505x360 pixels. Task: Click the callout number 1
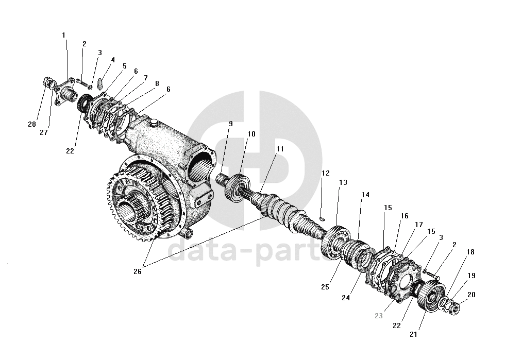pyautogui.click(x=64, y=35)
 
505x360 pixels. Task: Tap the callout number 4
pyautogui.click(x=112, y=60)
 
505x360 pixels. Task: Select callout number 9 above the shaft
pyautogui.click(x=230, y=124)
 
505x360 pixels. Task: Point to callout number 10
pyautogui.click(x=251, y=134)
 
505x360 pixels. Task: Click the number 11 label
pyautogui.click(x=280, y=149)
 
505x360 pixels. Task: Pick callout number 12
pyautogui.click(x=325, y=173)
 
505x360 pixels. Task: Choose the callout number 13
pyautogui.click(x=343, y=183)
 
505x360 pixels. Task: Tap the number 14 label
pyautogui.click(x=365, y=195)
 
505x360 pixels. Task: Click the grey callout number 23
pyautogui.click(x=379, y=316)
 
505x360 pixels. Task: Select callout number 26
pyautogui.click(x=137, y=272)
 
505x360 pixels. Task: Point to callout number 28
pyautogui.click(x=32, y=124)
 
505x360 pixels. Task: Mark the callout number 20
pyautogui.click(x=472, y=295)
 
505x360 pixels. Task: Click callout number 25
pyautogui.click(x=325, y=287)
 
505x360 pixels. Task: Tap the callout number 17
pyautogui.click(x=418, y=225)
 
